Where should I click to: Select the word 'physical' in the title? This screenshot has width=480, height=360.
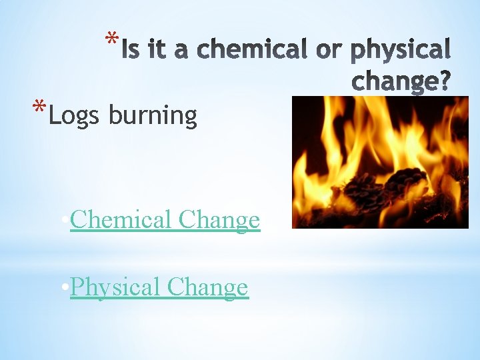click(x=401, y=49)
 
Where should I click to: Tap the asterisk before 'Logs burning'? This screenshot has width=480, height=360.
click(x=40, y=107)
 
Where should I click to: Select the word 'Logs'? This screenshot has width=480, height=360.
click(x=74, y=116)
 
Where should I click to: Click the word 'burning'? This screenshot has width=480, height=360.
click(x=153, y=116)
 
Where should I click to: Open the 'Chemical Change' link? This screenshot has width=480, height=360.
click(x=165, y=219)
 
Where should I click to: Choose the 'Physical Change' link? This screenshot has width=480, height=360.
click(x=159, y=287)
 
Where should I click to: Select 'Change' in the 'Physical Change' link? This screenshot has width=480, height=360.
click(x=207, y=287)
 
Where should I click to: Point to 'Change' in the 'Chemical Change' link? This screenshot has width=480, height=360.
click(x=219, y=219)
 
